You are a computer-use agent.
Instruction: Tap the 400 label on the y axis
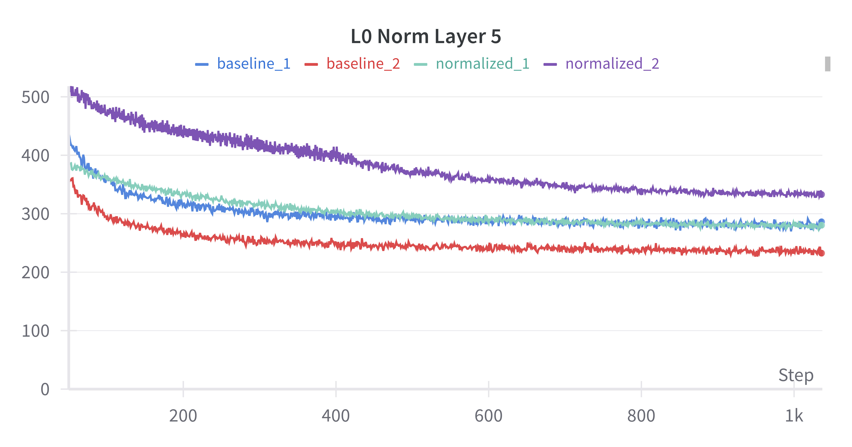pyautogui.click(x=35, y=156)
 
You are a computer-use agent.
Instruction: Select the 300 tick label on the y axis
pyautogui.click(x=35, y=214)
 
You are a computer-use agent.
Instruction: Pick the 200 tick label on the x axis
pyautogui.click(x=183, y=416)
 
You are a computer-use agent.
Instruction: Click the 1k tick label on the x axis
pyautogui.click(x=794, y=416)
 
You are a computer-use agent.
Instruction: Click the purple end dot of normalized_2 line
pyautogui.click(x=821, y=195)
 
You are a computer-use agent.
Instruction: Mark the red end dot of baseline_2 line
pyautogui.click(x=821, y=253)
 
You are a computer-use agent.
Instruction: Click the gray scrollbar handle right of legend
pyautogui.click(x=828, y=64)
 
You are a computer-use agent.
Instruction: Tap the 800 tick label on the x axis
pyautogui.click(x=641, y=416)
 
